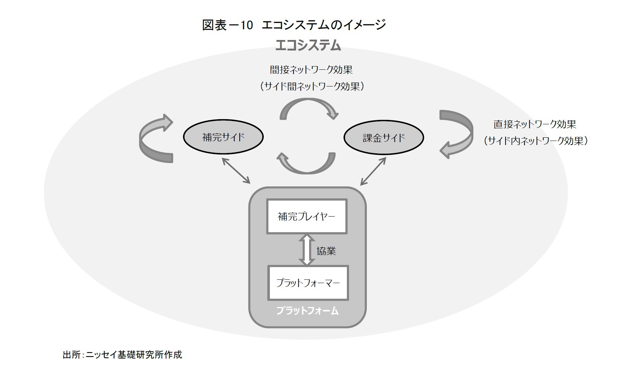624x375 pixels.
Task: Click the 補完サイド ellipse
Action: pyautogui.click(x=223, y=137)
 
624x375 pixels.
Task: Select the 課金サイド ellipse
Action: pyautogui.click(x=384, y=137)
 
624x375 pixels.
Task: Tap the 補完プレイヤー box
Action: pyautogui.click(x=307, y=216)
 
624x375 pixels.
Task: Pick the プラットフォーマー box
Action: pyautogui.click(x=308, y=283)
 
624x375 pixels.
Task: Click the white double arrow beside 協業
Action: pyautogui.click(x=307, y=250)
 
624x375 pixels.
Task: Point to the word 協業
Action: pyautogui.click(x=326, y=251)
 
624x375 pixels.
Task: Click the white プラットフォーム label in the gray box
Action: pyautogui.click(x=307, y=311)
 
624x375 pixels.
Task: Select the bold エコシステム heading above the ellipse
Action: pyautogui.click(x=308, y=45)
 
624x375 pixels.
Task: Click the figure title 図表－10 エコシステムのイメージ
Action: pyautogui.click(x=294, y=25)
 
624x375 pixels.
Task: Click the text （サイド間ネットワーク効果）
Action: pyautogui.click(x=312, y=86)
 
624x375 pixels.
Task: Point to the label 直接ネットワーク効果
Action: pyautogui.click(x=535, y=124)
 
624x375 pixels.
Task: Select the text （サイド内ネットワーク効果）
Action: pyautogui.click(x=536, y=141)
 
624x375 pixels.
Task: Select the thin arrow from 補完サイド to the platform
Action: pyautogui.click(x=236, y=170)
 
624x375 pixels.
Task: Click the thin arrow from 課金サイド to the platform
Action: pyautogui.click(x=373, y=171)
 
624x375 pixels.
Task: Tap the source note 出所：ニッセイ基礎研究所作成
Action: pyautogui.click(x=122, y=355)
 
